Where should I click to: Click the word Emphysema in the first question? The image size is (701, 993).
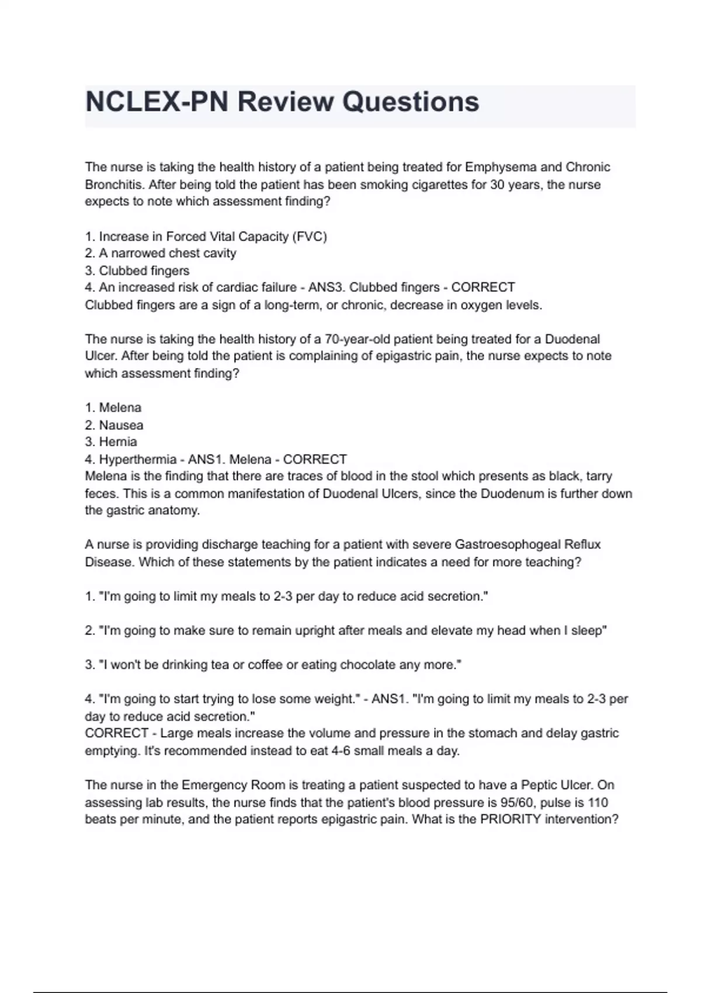[500, 167]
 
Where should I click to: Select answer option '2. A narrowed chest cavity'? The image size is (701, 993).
[161, 254]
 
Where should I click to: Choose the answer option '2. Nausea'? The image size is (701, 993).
[114, 425]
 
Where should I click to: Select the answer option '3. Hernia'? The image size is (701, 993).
[111, 442]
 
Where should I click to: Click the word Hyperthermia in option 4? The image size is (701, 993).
[138, 460]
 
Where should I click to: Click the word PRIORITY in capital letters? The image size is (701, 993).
[510, 820]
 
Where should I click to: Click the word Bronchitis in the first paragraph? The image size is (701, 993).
[113, 185]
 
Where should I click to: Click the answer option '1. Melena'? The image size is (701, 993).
[113, 408]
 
